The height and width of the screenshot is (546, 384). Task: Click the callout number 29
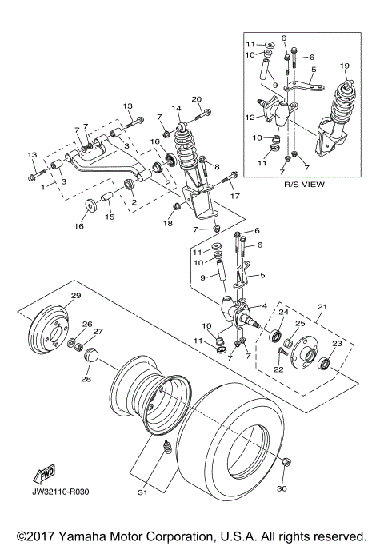tap(75, 297)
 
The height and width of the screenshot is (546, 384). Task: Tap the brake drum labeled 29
tap(54, 331)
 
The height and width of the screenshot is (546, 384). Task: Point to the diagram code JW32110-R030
tap(62, 492)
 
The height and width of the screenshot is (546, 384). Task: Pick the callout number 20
tap(196, 99)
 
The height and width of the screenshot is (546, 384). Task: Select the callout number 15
tap(110, 217)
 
